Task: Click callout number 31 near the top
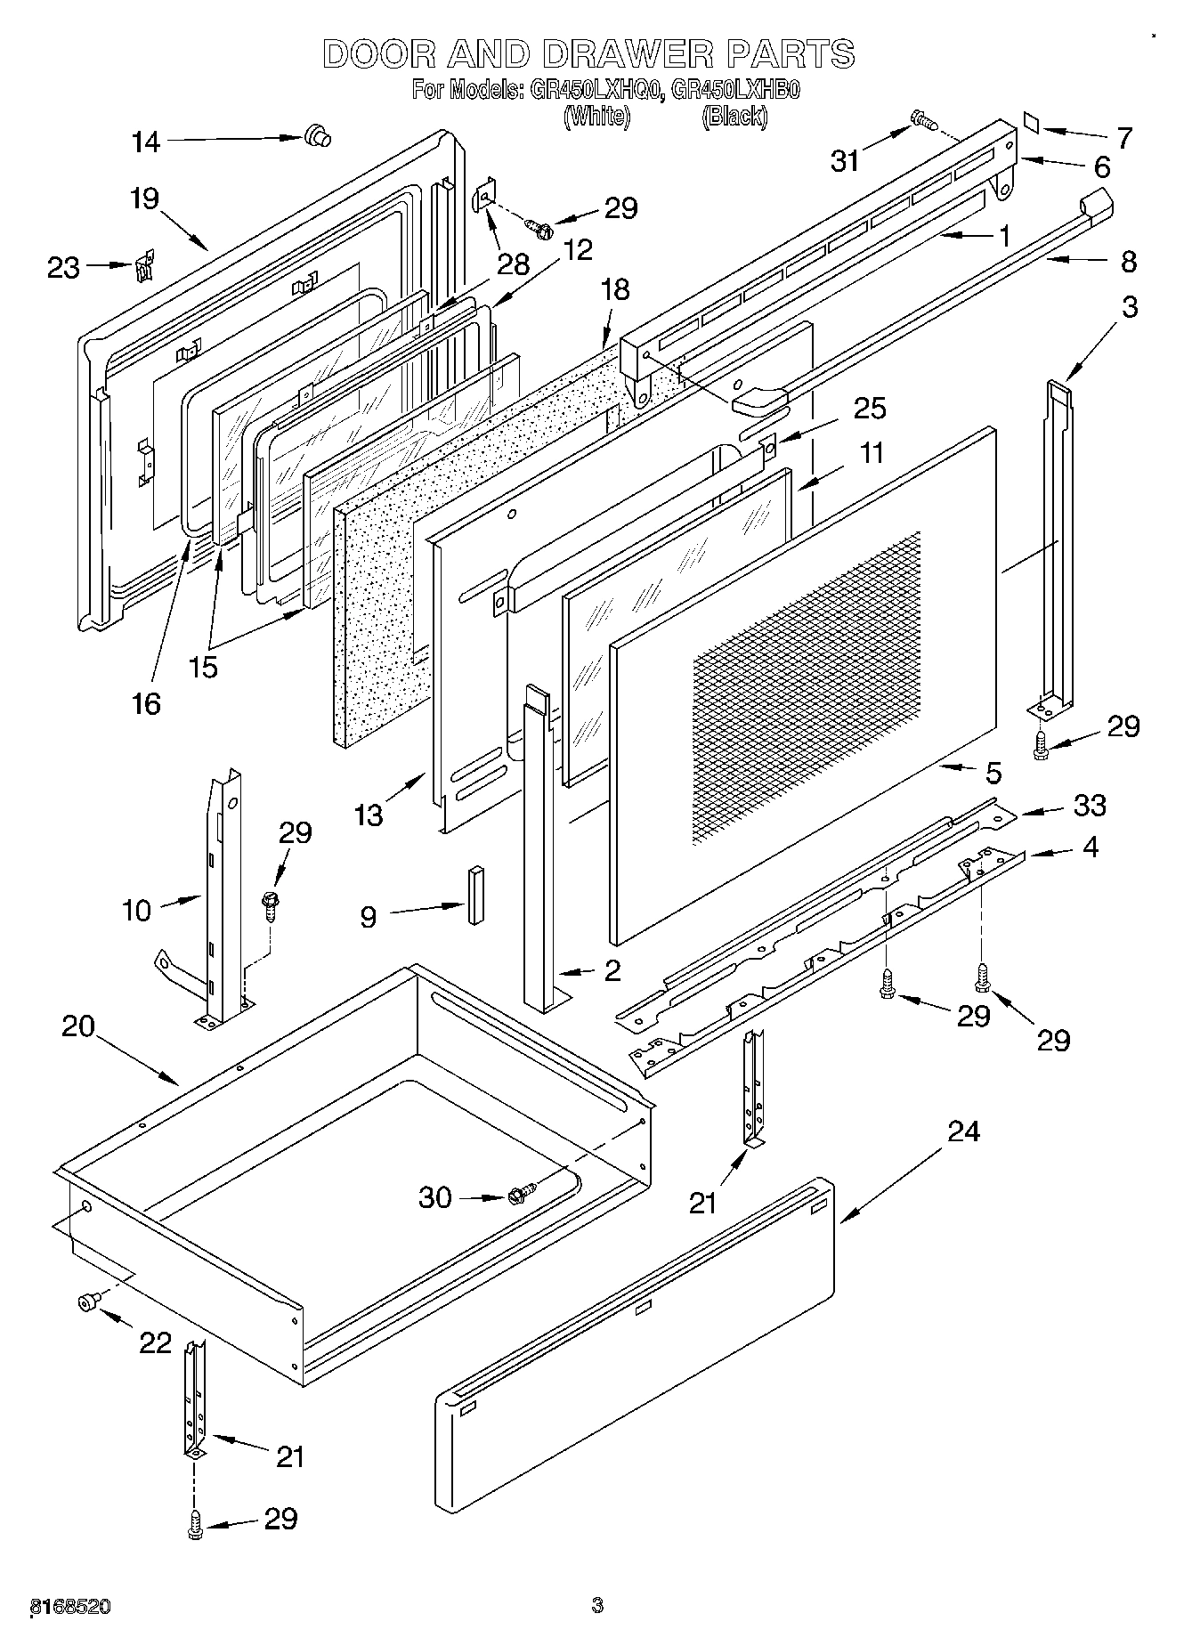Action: coord(845,160)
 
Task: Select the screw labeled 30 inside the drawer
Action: coord(521,1194)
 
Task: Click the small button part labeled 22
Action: coord(86,1303)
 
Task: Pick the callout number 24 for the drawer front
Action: coord(963,1131)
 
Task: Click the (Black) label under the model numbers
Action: coord(734,116)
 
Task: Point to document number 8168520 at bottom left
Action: coord(70,1606)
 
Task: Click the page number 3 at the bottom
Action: coord(596,1606)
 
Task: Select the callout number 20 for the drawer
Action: coord(78,1026)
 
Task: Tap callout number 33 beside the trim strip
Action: coord(1090,805)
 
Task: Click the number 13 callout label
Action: coord(369,814)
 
